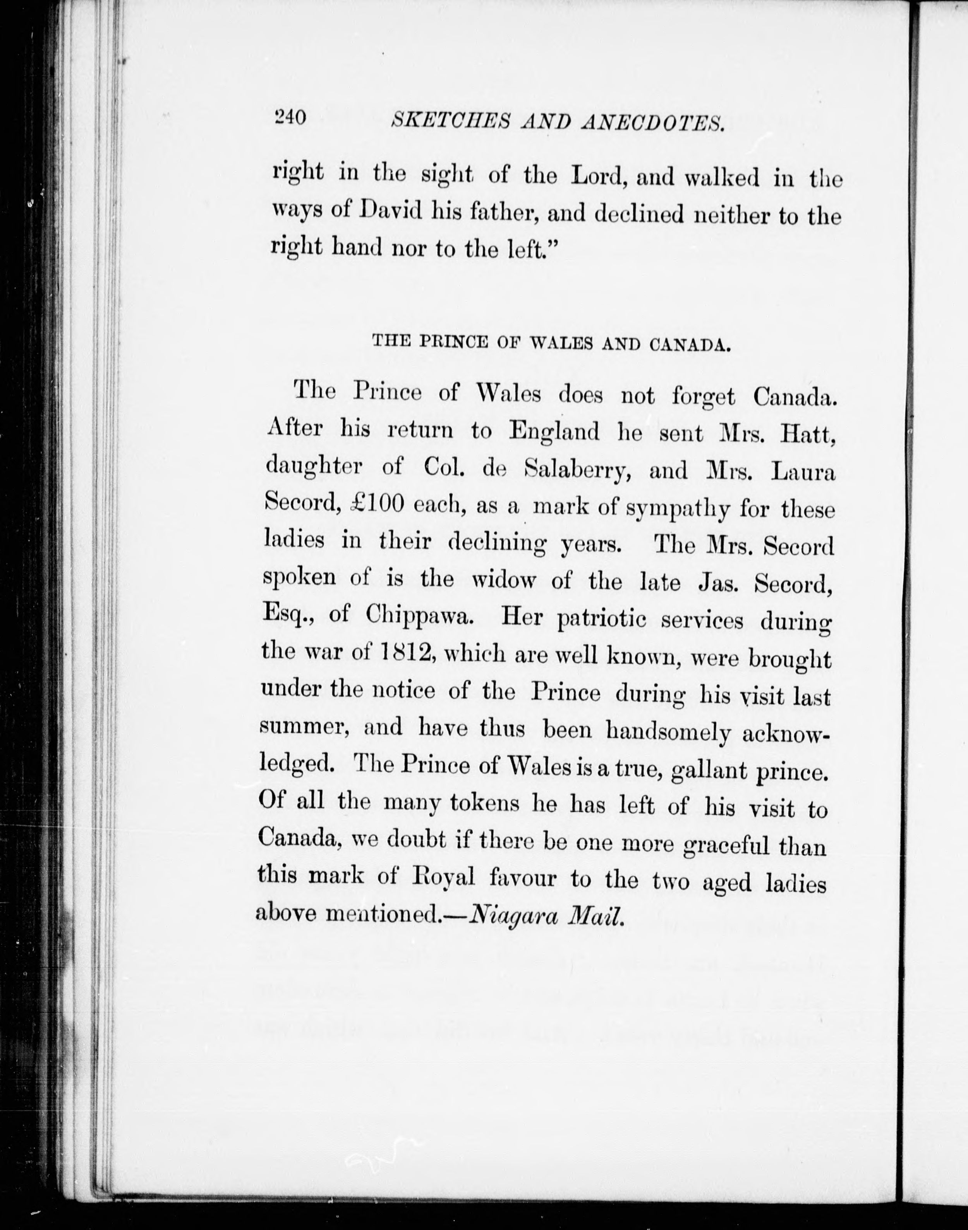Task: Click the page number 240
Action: [290, 117]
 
